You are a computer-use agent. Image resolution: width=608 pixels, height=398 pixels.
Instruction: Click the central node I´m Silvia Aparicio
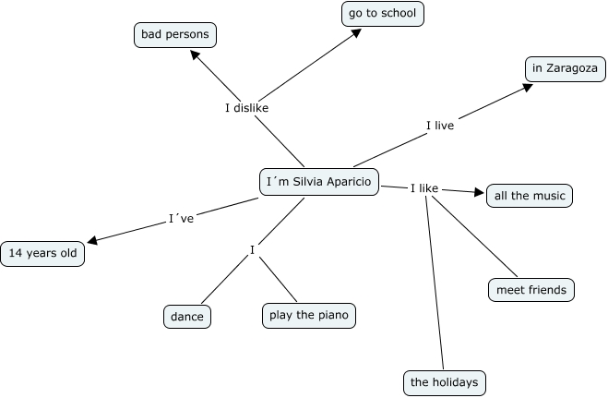point(318,182)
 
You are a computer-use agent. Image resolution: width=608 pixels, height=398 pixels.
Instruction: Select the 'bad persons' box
point(174,36)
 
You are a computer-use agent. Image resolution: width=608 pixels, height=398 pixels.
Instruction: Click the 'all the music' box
point(531,196)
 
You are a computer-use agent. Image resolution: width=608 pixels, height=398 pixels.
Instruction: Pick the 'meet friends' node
point(531,289)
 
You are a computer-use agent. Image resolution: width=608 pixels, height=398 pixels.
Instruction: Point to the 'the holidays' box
point(444,381)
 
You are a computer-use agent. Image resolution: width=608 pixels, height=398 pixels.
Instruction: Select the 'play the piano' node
point(308,315)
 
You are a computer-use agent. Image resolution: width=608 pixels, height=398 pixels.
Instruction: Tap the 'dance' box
point(187,316)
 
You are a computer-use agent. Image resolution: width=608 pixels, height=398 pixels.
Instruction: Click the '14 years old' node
point(42,253)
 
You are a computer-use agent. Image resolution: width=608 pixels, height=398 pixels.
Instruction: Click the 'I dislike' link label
point(247,108)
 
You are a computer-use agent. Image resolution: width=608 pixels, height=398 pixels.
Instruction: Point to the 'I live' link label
point(440,125)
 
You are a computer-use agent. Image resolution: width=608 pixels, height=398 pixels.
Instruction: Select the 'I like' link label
point(423,188)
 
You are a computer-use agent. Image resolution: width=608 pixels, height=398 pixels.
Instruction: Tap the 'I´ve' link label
point(181,219)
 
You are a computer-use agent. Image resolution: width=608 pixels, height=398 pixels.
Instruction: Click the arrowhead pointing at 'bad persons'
point(196,54)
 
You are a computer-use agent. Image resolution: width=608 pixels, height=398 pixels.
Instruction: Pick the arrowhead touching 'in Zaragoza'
point(528,87)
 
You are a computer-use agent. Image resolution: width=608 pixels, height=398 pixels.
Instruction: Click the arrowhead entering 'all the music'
point(479,193)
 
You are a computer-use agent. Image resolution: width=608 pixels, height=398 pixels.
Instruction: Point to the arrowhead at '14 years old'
point(91,242)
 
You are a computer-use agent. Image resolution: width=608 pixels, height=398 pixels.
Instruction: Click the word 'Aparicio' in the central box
point(347,182)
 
